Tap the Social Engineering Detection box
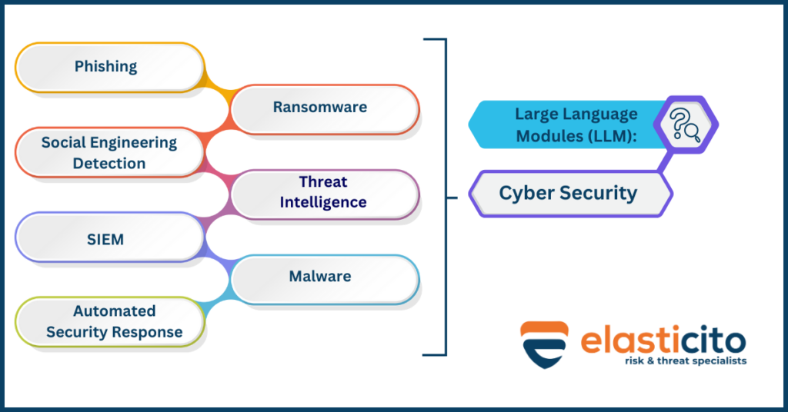tap(109, 152)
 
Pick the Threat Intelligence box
tap(324, 192)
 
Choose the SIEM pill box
tap(106, 239)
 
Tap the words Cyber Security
tap(568, 193)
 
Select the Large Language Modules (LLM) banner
tap(566, 125)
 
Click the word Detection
tap(109, 163)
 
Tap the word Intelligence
tap(323, 202)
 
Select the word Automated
tap(114, 311)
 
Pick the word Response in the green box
tap(145, 332)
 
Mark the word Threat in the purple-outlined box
tap(323, 182)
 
